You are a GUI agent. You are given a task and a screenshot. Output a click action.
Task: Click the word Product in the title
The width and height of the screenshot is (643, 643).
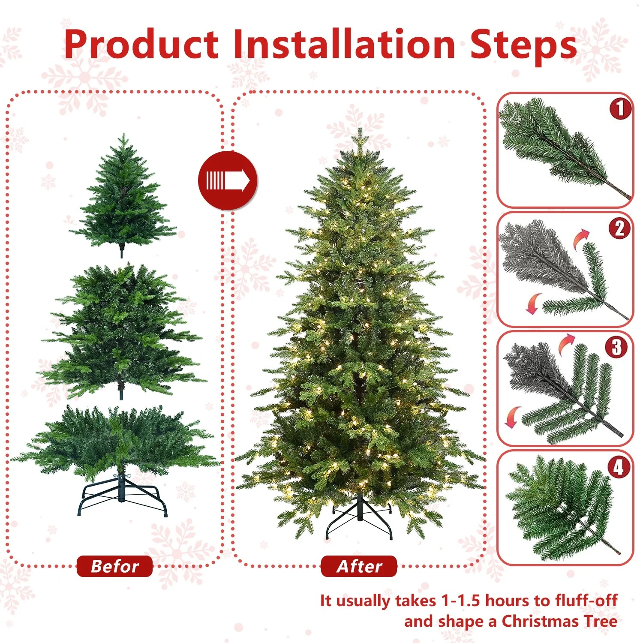click(x=141, y=45)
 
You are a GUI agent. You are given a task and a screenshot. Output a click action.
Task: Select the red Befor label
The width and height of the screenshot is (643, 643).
click(x=114, y=566)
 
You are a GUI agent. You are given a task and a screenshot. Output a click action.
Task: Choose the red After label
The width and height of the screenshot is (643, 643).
click(x=359, y=566)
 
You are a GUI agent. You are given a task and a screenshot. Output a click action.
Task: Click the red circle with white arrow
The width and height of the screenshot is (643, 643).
click(x=228, y=180)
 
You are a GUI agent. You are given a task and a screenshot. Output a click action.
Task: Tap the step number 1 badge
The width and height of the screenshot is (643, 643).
click(x=620, y=108)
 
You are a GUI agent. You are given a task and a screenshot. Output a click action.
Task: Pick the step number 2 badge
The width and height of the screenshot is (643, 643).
click(x=620, y=228)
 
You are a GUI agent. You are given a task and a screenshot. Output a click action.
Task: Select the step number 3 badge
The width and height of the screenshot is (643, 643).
click(x=616, y=347)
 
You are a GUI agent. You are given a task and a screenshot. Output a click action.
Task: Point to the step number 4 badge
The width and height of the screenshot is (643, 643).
click(x=619, y=467)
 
